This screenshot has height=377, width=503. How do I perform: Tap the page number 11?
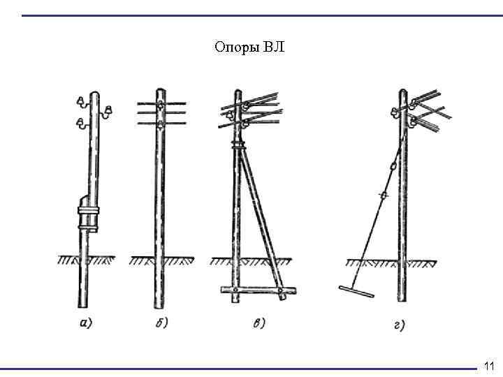pos(488,366)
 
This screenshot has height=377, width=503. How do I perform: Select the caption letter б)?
pos(160,323)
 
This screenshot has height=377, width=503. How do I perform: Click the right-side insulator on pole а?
pos(108,110)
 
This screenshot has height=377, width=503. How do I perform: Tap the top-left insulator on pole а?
pos(82,102)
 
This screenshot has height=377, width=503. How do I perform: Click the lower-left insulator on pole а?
pos(82,124)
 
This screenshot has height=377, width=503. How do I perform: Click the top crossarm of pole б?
pos(160,102)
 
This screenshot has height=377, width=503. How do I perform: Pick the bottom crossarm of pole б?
pos(160,123)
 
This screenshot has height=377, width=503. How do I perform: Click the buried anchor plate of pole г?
pos(355,290)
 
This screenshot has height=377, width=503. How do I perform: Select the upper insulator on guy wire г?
pos(393,166)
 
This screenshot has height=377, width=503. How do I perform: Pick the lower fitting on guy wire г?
pos(382,196)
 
